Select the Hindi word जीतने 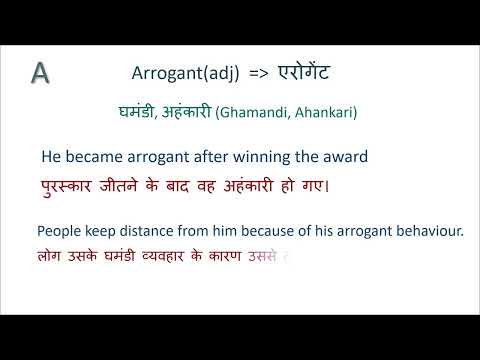(135, 186)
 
